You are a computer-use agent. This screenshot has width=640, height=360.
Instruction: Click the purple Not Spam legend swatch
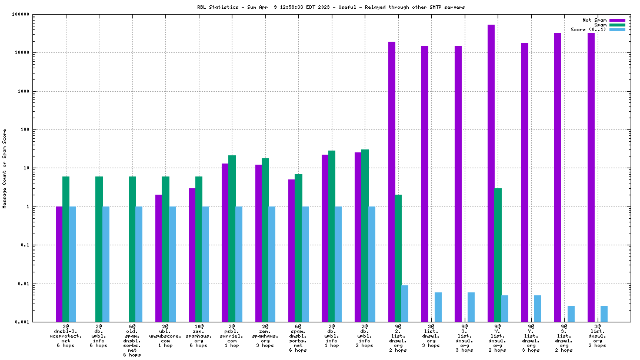pos(617,20)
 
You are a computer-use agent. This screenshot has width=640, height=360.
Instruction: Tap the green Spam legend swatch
pos(617,25)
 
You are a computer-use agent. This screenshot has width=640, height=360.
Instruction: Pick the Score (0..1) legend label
pos(588,29)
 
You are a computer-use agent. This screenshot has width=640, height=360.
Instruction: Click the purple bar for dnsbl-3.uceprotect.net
pos(59,264)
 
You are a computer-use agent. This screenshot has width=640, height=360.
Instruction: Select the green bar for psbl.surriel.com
pos(232,238)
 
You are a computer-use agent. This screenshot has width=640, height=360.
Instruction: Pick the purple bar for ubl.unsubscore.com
pos(159,258)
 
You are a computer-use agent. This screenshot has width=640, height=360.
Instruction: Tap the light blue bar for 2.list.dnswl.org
pos(405,303)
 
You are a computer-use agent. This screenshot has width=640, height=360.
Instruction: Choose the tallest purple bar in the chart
pos(491,173)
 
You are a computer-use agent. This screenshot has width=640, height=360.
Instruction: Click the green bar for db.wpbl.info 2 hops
pos(365,235)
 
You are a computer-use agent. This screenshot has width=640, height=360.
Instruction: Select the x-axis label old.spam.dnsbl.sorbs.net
pos(132,340)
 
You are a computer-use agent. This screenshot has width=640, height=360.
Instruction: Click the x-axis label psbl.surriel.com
pos(232,335)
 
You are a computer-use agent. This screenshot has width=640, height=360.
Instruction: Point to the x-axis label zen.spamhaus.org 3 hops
pos(265,335)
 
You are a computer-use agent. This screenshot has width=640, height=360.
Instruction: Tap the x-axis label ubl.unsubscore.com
pos(165,335)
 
